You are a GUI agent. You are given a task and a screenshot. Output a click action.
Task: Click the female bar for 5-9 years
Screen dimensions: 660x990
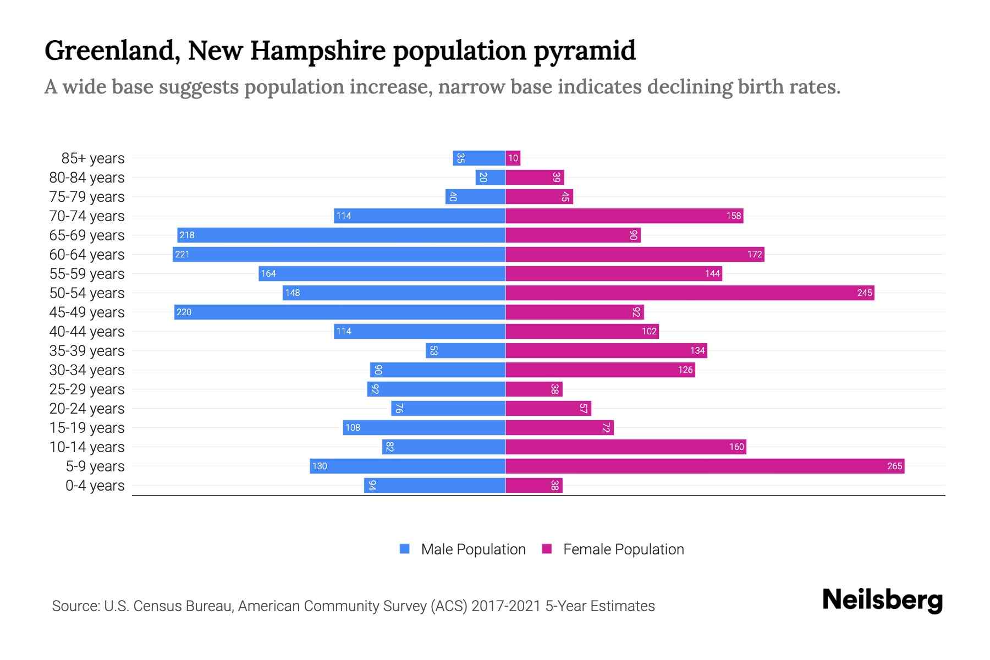(705, 466)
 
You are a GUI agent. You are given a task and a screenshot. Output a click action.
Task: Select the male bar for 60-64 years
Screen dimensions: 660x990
(339, 254)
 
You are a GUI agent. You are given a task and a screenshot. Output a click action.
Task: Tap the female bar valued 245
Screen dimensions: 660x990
(690, 293)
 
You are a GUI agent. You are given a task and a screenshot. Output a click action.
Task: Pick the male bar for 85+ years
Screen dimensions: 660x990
(479, 158)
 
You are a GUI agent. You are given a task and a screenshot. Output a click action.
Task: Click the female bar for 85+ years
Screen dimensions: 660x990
(513, 158)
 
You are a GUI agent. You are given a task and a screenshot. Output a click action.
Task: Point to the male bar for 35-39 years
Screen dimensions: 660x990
(465, 350)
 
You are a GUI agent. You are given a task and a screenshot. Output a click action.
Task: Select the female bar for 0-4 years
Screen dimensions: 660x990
(533, 485)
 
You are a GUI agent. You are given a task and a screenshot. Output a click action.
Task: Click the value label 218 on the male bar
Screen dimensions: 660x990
(187, 235)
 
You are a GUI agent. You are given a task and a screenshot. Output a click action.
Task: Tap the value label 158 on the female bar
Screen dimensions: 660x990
(733, 216)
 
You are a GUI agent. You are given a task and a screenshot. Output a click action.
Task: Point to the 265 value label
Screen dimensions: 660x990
(894, 466)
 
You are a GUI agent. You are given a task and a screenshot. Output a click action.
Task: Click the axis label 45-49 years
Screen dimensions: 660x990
(87, 312)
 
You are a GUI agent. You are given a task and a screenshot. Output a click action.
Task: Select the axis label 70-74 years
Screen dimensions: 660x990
(87, 216)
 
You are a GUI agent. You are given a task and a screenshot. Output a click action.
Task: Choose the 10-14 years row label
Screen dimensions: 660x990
(87, 447)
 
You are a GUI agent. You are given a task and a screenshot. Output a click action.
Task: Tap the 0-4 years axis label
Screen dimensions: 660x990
(95, 486)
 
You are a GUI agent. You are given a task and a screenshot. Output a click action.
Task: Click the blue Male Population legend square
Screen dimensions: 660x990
(405, 549)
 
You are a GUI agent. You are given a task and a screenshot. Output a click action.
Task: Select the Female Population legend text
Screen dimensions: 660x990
(623, 549)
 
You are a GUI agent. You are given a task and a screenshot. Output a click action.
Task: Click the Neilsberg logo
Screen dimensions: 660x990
(882, 600)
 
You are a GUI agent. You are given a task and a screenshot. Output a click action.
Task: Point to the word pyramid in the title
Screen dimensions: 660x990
(585, 51)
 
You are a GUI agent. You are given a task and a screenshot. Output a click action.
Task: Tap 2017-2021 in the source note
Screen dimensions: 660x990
(506, 606)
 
